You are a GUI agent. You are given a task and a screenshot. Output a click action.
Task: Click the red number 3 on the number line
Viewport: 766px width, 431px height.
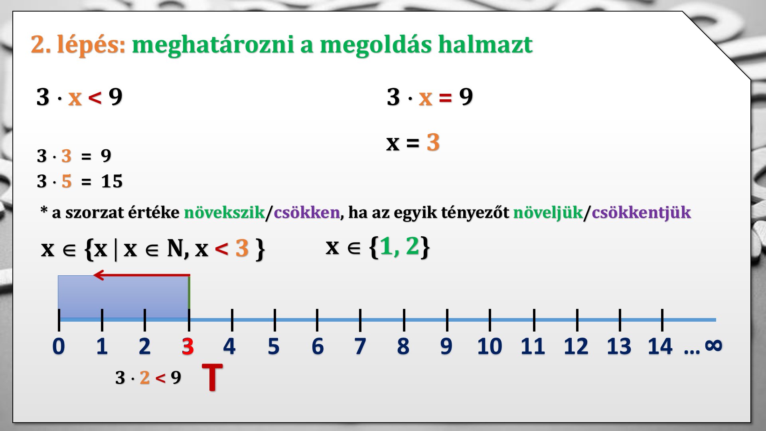188,346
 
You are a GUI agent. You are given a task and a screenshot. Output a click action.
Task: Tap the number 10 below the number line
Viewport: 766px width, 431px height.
490,346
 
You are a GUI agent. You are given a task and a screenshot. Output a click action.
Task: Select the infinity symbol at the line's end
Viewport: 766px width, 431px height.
714,345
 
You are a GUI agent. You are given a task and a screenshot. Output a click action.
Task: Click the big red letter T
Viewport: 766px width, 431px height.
212,377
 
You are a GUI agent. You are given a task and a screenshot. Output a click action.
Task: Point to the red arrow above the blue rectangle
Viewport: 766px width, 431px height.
142,275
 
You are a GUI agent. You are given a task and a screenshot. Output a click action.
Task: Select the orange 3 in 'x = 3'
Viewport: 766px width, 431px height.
433,142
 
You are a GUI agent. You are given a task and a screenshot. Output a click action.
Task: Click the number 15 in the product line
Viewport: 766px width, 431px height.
112,181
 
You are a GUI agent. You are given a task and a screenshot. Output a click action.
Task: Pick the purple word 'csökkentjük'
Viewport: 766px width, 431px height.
641,212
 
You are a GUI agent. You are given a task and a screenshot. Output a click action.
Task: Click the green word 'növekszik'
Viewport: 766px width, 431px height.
224,212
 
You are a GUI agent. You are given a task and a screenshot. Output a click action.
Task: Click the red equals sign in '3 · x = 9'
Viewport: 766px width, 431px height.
445,97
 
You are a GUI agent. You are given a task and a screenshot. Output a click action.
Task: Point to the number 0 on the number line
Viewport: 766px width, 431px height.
59,346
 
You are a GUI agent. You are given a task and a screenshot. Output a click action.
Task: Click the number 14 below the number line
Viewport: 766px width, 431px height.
660,346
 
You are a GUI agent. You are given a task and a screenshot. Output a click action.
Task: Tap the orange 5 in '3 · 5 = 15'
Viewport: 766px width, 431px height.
67,181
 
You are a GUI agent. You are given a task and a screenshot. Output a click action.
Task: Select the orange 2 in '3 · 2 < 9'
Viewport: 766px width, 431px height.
145,378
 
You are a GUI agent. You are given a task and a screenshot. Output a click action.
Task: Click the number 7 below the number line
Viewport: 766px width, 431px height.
360,346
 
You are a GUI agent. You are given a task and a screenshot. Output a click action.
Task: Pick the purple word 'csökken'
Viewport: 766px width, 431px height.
307,212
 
